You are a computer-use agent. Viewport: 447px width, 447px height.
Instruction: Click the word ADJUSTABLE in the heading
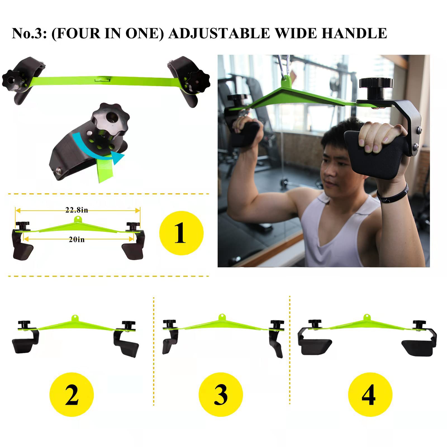[x=219, y=34]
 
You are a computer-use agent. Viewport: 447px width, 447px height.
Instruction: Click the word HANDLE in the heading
[x=354, y=34]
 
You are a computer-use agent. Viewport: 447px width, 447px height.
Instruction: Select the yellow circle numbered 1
[x=181, y=233]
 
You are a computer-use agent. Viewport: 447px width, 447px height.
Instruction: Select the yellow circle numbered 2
[x=72, y=394]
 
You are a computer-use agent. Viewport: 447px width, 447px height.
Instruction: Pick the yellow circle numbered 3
[x=221, y=394]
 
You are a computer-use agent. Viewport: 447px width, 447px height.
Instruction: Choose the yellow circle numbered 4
[x=370, y=394]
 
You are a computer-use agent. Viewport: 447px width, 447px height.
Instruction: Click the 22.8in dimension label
[x=77, y=210]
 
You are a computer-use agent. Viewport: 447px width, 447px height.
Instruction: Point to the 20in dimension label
[x=77, y=239]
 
